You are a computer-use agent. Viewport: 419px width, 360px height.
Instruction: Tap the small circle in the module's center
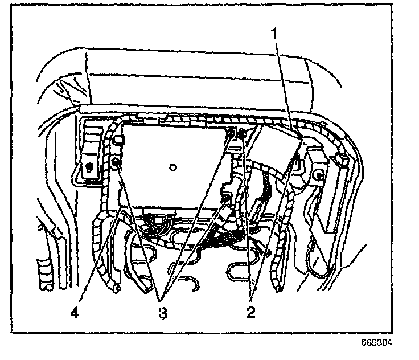click(173, 167)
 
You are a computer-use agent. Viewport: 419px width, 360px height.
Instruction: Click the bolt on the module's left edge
click(116, 163)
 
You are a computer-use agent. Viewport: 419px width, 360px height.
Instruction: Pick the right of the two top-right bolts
click(242, 134)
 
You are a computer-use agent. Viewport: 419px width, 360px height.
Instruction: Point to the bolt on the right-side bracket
click(320, 175)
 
